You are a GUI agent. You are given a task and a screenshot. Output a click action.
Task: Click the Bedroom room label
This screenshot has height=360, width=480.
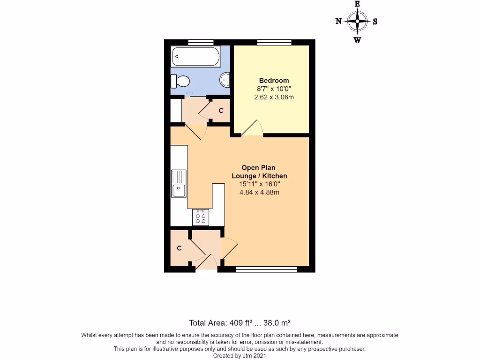coord(274,81)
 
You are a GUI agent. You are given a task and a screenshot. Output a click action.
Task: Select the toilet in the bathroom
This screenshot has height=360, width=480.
coord(180,82)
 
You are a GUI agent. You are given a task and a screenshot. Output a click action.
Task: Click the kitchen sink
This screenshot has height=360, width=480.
coord(179,183)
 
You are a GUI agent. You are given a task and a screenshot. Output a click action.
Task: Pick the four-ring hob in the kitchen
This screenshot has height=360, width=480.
coord(201,217)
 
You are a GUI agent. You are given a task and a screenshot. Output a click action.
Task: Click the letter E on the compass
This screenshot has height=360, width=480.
coord(357,4)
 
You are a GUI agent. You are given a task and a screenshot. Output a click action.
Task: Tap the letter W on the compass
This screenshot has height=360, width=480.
coord(357,40)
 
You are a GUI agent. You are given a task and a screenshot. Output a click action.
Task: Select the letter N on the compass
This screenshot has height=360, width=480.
coord(338,21)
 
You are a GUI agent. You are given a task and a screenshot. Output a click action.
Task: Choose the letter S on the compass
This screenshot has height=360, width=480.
coord(375,21)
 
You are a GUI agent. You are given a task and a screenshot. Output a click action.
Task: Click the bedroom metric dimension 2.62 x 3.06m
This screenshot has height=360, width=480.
coord(274,97)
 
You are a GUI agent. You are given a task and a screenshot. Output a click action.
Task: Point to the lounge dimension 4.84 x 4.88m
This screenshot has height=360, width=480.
coord(259,192)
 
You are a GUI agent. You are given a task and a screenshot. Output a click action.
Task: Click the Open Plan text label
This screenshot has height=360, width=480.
coord(258,167)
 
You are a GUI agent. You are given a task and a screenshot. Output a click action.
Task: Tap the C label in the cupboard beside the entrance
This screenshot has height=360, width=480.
coord(179,248)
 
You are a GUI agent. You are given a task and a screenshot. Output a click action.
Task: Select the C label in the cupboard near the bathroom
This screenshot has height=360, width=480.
coord(221,111)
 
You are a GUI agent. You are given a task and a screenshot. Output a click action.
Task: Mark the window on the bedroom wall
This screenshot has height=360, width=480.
coord(274,42)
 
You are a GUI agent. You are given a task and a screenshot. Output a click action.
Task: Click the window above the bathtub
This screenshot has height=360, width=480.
coord(198,42)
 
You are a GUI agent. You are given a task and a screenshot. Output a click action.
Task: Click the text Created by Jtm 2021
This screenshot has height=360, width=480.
coord(240,356)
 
